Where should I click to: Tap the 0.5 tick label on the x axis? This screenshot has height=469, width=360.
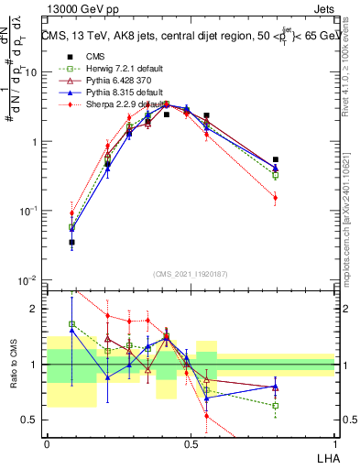pos(191,444)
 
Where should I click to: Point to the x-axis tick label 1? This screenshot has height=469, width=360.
pos(334,444)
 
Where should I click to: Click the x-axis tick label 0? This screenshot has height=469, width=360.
pos(47,444)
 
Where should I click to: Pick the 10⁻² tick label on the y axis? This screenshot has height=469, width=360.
pos(27,279)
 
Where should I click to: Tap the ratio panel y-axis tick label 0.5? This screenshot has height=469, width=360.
pos(31,420)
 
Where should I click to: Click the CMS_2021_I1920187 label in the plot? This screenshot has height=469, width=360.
pos(191,273)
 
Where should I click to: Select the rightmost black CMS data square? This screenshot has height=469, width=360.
pos(276,160)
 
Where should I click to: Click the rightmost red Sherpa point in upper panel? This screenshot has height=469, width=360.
pos(276,197)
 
